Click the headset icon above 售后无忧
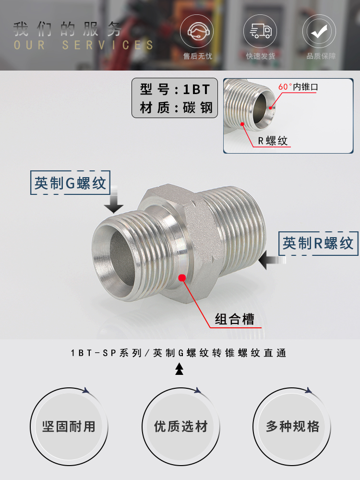(197, 32)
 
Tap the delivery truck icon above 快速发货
(260, 32)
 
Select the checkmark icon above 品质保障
(319, 32)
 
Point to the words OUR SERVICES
(84, 46)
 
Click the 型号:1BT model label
(175, 90)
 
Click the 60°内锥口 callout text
(298, 87)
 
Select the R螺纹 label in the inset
(273, 141)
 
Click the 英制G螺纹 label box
(70, 183)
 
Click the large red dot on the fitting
(182, 277)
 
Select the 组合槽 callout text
(235, 319)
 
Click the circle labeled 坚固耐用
(69, 426)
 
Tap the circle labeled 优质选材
(180, 426)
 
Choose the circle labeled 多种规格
(292, 426)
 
